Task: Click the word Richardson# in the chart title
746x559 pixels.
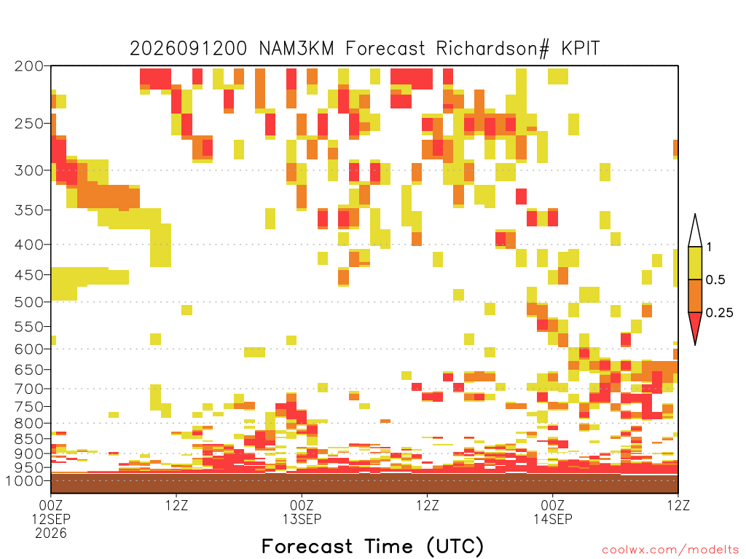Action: (x=492, y=49)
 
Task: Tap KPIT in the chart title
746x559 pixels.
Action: (x=581, y=49)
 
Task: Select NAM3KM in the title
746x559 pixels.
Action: (x=297, y=49)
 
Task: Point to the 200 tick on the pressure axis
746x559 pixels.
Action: (x=29, y=66)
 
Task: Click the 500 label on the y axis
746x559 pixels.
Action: (x=29, y=302)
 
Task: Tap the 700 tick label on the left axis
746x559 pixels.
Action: (x=29, y=389)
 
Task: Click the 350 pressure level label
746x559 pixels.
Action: (x=29, y=210)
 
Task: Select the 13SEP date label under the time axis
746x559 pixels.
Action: (x=302, y=519)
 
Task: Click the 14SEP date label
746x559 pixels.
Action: (x=552, y=519)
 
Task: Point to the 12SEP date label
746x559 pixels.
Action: (x=51, y=519)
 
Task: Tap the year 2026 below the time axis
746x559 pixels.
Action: (x=51, y=534)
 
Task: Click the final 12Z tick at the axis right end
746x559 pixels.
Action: (x=678, y=505)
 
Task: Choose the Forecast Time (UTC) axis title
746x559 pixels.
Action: (x=372, y=546)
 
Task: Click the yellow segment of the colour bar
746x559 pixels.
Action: (x=695, y=263)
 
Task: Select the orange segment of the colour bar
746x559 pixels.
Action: (x=695, y=296)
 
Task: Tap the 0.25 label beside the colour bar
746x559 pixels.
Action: (x=719, y=312)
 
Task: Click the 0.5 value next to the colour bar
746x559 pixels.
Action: (x=715, y=279)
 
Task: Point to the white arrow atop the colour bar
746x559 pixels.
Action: (x=695, y=231)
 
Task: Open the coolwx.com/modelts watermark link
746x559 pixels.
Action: (x=670, y=550)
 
